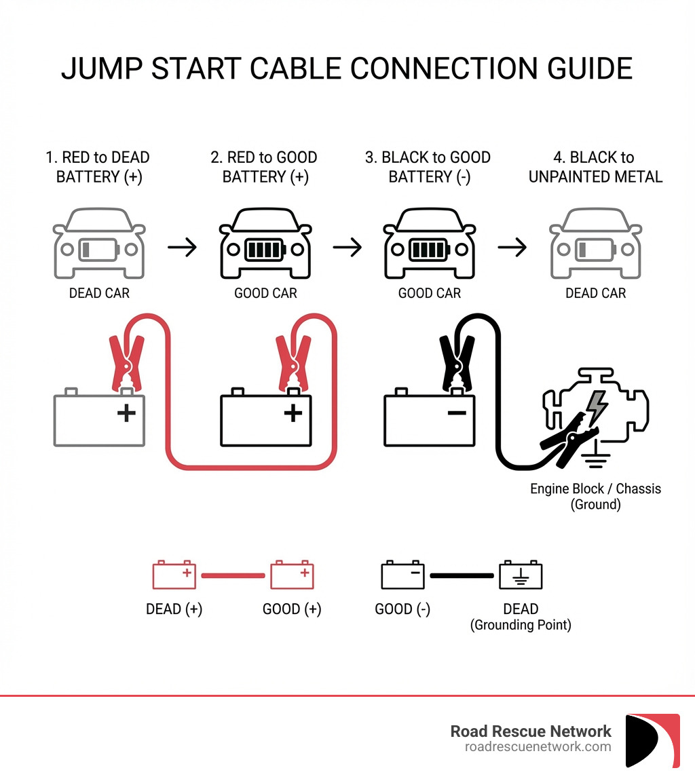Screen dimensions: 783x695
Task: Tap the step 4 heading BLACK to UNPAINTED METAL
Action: [595, 167]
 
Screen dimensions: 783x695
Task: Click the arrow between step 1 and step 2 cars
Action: [182, 248]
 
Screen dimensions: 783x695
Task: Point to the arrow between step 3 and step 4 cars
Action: [512, 248]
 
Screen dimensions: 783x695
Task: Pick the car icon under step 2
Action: [265, 244]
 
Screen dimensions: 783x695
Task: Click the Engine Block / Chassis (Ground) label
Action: [595, 496]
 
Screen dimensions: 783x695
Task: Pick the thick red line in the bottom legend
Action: [233, 575]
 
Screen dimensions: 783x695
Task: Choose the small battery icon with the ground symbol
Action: [521, 575]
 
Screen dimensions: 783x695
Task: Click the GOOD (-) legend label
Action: [402, 609]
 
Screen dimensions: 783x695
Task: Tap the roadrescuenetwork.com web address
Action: [538, 746]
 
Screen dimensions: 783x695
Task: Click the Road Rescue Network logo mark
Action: [652, 740]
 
